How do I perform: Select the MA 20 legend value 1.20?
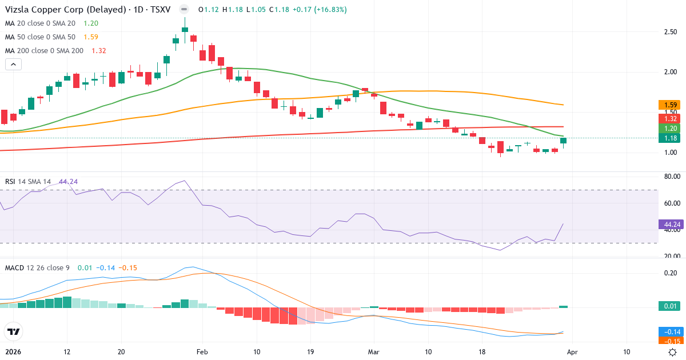point(91,23)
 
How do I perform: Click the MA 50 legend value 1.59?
point(91,37)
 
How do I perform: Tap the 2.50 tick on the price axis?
point(671,32)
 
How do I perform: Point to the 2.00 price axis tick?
point(671,72)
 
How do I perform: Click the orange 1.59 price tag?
point(671,105)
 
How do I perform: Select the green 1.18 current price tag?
point(671,138)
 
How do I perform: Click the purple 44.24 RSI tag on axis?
point(671,225)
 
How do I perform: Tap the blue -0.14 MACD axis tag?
point(671,332)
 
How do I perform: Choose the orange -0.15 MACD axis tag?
point(671,341)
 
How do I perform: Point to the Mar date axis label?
point(373,352)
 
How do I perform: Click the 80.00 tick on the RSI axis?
point(671,177)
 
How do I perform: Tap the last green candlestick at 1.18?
point(563,141)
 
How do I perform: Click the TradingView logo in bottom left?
point(13,331)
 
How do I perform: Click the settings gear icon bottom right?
point(673,352)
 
